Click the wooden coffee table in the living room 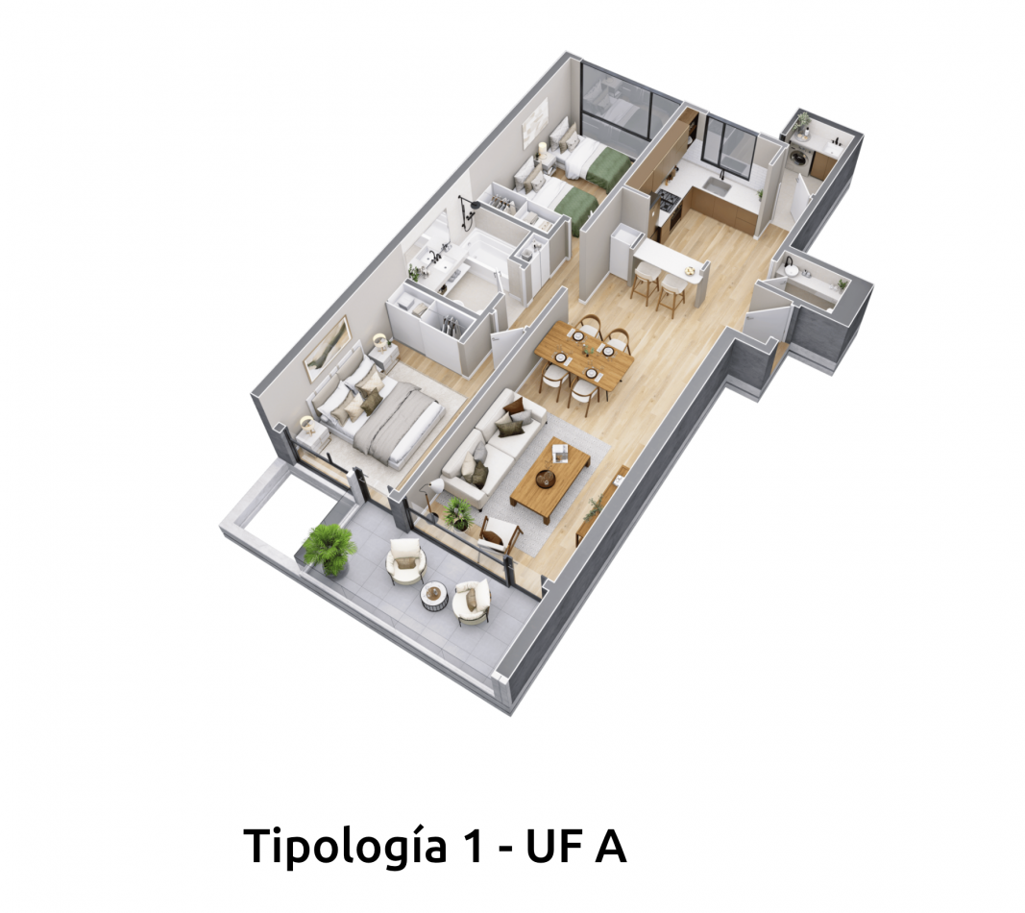(549, 480)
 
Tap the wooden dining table (583, 357)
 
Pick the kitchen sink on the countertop (717, 187)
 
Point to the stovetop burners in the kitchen (669, 200)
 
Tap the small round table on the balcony (433, 596)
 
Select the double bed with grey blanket (378, 413)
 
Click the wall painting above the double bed (327, 348)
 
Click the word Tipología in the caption (345, 847)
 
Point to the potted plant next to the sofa (459, 513)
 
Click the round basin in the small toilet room (792, 270)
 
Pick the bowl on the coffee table (546, 479)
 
